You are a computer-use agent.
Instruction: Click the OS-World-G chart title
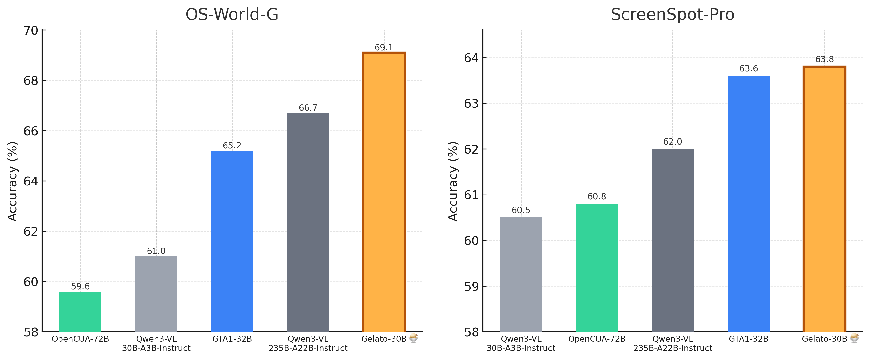[232, 15]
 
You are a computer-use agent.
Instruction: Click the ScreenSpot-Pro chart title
[672, 15]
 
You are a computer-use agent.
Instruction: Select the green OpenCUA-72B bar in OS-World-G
[80, 311]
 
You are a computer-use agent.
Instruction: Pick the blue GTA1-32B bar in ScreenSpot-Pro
[748, 204]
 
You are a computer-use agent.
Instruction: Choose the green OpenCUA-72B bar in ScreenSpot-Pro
[596, 267]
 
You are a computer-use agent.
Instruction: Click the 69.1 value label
[384, 48]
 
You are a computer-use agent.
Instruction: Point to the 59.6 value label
[80, 286]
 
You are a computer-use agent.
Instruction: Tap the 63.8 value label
[824, 59]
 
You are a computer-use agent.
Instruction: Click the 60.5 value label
[521, 210]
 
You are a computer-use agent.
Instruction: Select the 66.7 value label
[308, 108]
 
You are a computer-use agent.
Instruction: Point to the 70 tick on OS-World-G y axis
[31, 30]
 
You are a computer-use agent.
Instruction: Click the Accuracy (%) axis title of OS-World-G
[12, 181]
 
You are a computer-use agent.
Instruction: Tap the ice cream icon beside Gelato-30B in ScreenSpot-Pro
[854, 338]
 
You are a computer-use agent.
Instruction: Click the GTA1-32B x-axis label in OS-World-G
[232, 339]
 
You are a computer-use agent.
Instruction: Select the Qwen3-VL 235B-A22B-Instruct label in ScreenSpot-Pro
[672, 343]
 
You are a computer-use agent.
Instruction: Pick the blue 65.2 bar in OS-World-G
[232, 241]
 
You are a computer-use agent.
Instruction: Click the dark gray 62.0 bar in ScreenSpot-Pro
[672, 240]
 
